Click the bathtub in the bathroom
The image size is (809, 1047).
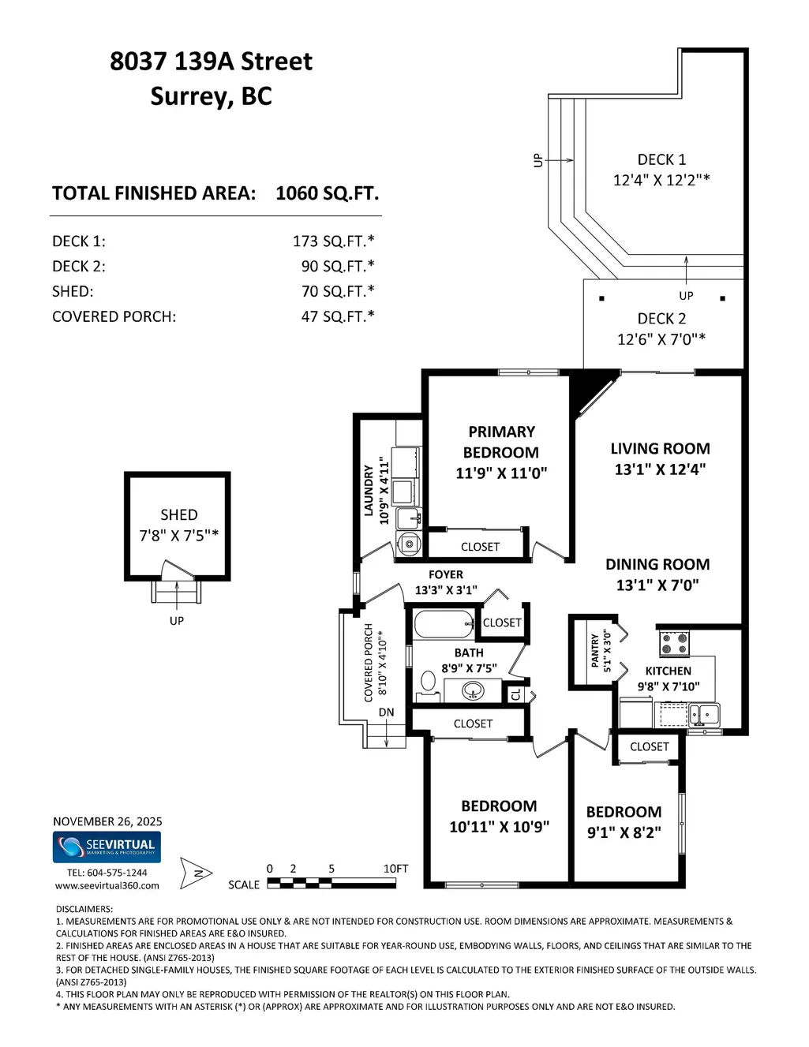(444, 624)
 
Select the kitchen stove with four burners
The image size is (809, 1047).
(674, 643)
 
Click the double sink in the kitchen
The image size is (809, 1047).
(704, 715)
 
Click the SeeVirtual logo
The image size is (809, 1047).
(107, 847)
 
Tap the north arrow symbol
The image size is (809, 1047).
(196, 873)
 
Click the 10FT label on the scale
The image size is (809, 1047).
(395, 868)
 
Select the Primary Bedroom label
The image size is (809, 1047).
(501, 442)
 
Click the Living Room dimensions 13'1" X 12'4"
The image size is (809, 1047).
(660, 469)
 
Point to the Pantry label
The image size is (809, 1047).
(595, 650)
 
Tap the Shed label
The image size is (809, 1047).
(178, 514)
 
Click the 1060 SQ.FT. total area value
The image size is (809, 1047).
(328, 193)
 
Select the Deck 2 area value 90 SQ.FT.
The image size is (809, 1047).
(338, 266)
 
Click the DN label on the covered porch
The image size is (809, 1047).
(386, 712)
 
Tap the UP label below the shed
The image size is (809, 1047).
(176, 621)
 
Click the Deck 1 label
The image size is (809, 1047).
(661, 159)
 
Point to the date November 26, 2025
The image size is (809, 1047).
(107, 821)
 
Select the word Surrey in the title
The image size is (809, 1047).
(189, 97)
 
